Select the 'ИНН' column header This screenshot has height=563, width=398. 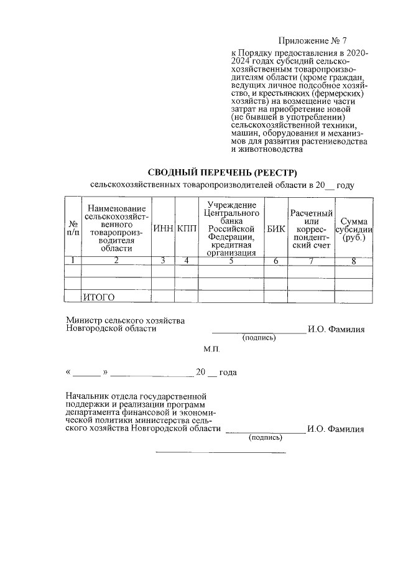coord(163,228)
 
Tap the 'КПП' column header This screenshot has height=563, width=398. coord(187,228)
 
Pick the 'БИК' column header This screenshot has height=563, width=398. coord(275,228)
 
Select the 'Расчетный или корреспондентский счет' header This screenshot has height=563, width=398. coord(311,228)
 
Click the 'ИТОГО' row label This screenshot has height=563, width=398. coord(99,297)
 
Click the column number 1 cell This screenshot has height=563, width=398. coord(73,261)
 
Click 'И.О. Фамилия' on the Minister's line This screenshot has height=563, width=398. coord(336,329)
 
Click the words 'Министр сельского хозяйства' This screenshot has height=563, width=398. coord(126,320)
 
